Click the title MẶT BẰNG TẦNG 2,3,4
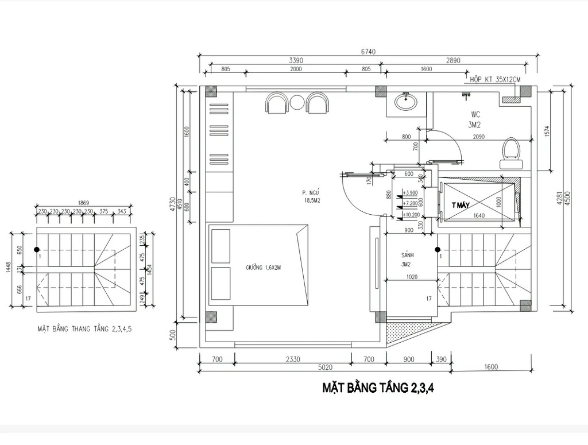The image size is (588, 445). [378, 388]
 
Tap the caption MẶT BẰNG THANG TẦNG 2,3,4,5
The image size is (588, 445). [84, 329]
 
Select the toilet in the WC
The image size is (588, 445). [510, 150]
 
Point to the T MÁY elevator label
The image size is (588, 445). [461, 204]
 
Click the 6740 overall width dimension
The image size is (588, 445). [368, 51]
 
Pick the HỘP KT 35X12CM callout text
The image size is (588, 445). [494, 79]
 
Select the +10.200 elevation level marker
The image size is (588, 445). [411, 215]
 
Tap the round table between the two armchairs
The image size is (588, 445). [297, 103]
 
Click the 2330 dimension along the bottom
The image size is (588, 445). [292, 359]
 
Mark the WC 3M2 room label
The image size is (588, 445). [474, 119]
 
